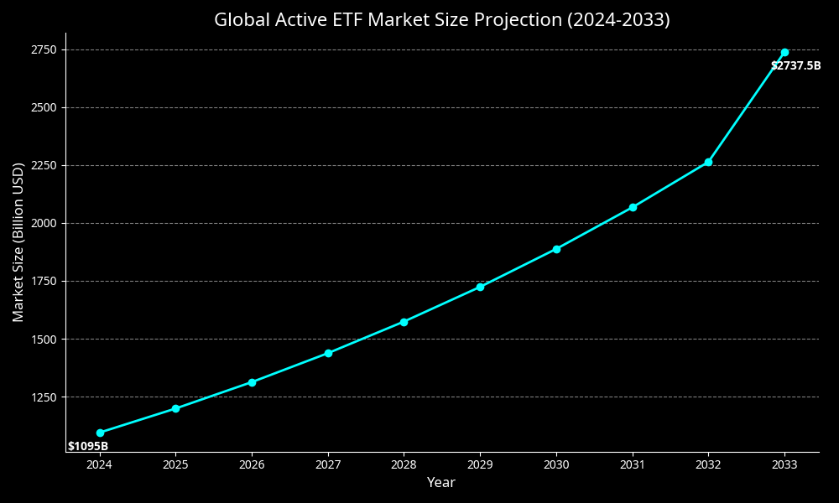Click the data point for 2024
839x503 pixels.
[x=100, y=433]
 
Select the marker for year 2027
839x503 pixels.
[x=328, y=353]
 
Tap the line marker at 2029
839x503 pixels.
[x=480, y=287]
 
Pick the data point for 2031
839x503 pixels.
[x=633, y=207]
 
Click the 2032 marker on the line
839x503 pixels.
[x=708, y=162]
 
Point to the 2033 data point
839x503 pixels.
[x=784, y=52]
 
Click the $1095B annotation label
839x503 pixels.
[x=88, y=446]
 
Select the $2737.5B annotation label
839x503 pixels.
[x=795, y=65]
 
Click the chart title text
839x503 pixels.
[x=442, y=20]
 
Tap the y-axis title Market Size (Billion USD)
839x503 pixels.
[x=18, y=242]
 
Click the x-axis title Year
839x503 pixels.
[x=441, y=483]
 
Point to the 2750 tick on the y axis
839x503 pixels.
[x=44, y=49]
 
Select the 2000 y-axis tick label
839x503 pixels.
[x=44, y=223]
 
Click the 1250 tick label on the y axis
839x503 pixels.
[x=44, y=397]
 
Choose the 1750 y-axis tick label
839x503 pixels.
[x=44, y=281]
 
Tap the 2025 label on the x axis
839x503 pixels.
[x=175, y=464]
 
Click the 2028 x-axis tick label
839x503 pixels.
[x=404, y=464]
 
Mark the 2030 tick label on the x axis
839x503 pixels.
[x=556, y=464]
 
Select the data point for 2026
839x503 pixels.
[x=252, y=382]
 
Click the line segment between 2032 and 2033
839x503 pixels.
[x=747, y=106]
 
